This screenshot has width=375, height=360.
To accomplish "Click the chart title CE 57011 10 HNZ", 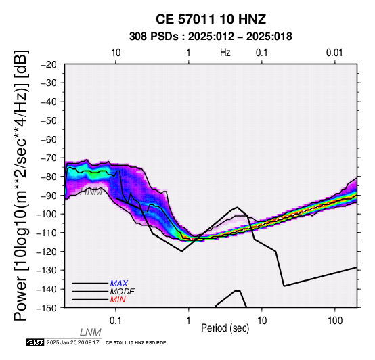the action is [211, 19].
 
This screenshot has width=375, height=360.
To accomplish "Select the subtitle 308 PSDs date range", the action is [211, 37].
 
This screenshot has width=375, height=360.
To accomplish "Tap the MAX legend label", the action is [119, 284].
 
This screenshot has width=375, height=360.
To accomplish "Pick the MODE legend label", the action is [123, 292].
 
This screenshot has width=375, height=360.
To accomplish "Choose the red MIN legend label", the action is [118, 300].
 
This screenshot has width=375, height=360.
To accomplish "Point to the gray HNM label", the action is [91, 192].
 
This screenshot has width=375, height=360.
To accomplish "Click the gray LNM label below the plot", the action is [91, 332].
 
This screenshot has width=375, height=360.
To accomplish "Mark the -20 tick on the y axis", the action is [49, 64].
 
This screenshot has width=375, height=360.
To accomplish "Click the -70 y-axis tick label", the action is [49, 158].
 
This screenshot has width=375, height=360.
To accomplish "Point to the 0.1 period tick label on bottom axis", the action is [116, 321].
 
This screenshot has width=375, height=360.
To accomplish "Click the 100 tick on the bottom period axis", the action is [335, 321].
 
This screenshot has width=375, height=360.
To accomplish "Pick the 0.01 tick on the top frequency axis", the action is [334, 53].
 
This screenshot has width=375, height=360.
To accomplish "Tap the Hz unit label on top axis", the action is [225, 53].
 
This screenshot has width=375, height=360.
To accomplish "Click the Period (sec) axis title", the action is [225, 328].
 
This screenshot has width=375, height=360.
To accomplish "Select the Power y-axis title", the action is [21, 185].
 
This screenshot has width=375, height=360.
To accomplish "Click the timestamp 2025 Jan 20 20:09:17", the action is [72, 342].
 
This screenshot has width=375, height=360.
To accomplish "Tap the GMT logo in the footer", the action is [35, 342].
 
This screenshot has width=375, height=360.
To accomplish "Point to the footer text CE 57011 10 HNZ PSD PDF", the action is [135, 343].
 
